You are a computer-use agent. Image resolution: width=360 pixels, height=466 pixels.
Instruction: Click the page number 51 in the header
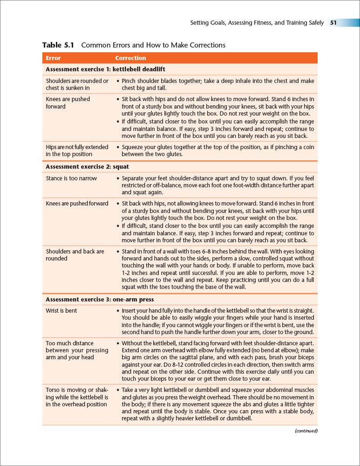click(x=333, y=22)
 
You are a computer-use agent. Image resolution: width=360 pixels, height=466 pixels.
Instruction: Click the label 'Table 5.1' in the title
click(x=58, y=45)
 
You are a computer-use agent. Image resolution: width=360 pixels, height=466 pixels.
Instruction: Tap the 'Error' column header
click(x=53, y=58)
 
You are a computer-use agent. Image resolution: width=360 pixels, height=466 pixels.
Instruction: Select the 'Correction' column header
click(x=130, y=58)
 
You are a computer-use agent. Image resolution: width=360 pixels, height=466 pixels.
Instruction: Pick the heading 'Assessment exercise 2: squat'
click(x=87, y=166)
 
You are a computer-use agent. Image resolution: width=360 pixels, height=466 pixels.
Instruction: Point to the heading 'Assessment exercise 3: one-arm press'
click(x=100, y=299)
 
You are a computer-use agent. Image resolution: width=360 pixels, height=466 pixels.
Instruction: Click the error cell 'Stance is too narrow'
click(x=71, y=178)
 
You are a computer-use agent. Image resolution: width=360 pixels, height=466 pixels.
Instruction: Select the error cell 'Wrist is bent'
click(x=61, y=311)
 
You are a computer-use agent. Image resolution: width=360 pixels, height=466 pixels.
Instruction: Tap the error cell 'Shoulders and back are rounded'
click(x=75, y=255)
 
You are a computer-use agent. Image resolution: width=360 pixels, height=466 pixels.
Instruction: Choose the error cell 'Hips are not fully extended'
click(x=77, y=151)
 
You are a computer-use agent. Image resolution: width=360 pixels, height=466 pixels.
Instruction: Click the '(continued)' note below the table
click(x=306, y=431)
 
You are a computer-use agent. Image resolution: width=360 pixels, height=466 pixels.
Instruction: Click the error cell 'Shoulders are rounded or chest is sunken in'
click(x=77, y=84)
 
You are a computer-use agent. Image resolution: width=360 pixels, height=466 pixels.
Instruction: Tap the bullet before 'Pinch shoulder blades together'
click(x=117, y=81)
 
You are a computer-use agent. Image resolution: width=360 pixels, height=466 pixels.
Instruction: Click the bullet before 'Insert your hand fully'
click(x=117, y=311)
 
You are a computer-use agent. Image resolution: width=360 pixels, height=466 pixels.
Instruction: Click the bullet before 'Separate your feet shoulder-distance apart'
click(x=117, y=178)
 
